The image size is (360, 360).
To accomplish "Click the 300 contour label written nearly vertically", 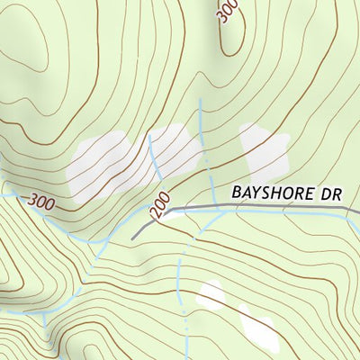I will tap(228, 11).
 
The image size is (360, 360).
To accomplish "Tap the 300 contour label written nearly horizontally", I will tap(41, 202).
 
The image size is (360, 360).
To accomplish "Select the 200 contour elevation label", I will tap(158, 210).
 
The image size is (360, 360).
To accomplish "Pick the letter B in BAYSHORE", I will tap(237, 193).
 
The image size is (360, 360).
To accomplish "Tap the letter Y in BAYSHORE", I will tap(258, 193).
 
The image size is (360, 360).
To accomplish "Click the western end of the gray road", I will tap(133, 237).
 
